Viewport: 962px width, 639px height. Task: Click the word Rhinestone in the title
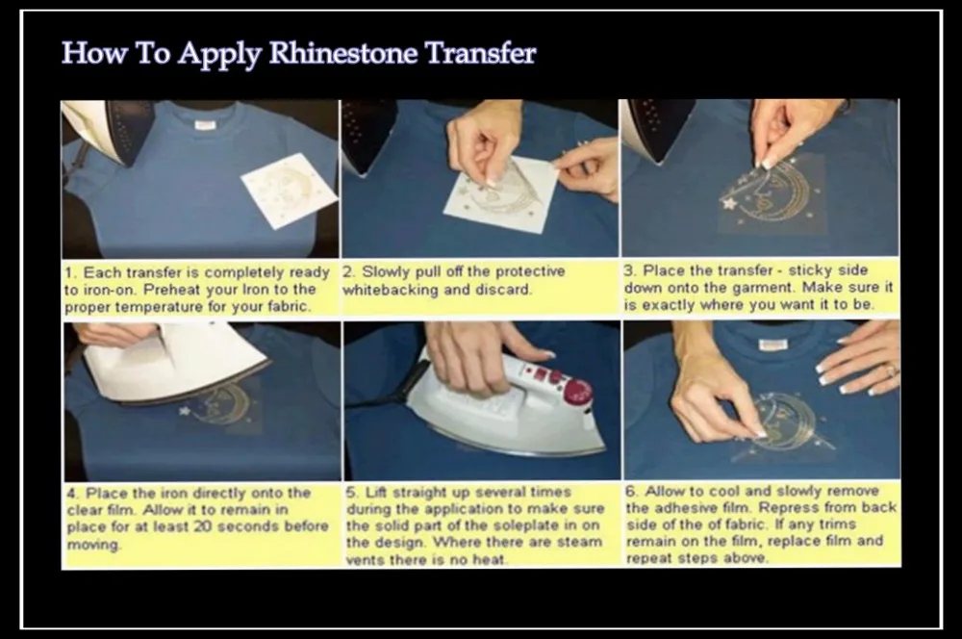[344, 53]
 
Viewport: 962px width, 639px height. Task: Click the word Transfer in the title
[481, 53]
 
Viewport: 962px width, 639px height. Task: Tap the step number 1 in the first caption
[70, 272]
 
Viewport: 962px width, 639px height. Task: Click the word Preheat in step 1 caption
[172, 289]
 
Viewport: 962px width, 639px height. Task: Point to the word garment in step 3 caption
[765, 288]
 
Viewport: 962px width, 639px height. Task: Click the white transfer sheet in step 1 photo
[289, 190]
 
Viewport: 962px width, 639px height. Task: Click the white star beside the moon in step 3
[729, 202]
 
